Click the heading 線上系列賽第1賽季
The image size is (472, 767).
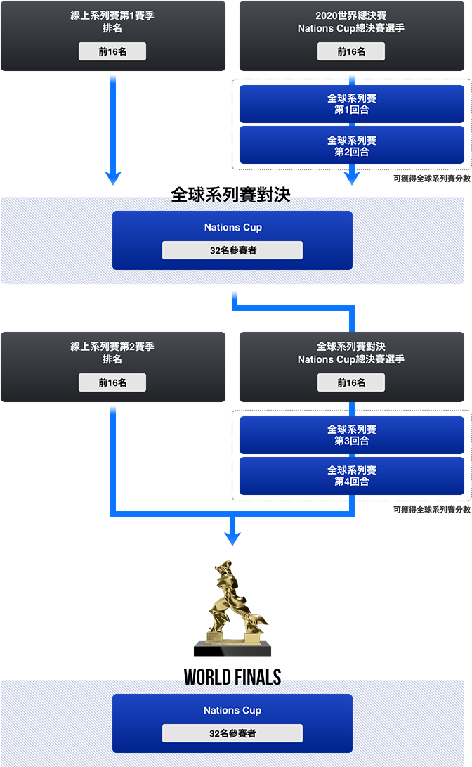(112, 15)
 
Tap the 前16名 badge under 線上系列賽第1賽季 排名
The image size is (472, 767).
(112, 51)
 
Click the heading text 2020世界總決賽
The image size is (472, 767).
(351, 15)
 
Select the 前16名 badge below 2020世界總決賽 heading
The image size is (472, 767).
(351, 51)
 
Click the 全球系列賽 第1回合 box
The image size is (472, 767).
(351, 104)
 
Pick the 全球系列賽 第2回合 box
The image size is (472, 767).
(351, 146)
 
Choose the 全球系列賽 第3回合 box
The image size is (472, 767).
(351, 435)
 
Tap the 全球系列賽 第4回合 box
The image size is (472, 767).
(351, 476)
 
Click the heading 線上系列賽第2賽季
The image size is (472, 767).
(112, 347)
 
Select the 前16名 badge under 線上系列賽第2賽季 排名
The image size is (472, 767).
(112, 382)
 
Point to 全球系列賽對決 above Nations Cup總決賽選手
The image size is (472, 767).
(351, 347)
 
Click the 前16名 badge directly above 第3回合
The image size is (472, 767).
(351, 382)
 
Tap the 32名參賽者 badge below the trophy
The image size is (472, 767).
(232, 733)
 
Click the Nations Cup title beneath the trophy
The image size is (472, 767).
(232, 710)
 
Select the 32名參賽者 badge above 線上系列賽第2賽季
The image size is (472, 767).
(232, 250)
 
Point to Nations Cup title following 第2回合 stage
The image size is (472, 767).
(232, 227)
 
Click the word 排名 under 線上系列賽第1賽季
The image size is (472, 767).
(112, 28)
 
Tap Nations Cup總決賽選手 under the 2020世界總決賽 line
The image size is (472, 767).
(351, 28)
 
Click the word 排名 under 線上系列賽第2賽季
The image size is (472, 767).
(112, 359)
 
